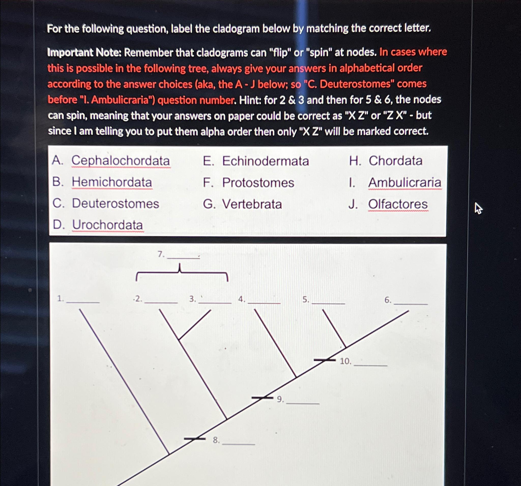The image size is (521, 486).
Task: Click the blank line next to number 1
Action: [83, 302]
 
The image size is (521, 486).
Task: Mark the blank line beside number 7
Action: [183, 258]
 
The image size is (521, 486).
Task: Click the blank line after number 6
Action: [410, 304]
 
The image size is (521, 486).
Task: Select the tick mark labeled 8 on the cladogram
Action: [194, 438]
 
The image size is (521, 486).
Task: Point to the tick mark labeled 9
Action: [262, 398]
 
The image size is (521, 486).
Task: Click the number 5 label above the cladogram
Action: [305, 300]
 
